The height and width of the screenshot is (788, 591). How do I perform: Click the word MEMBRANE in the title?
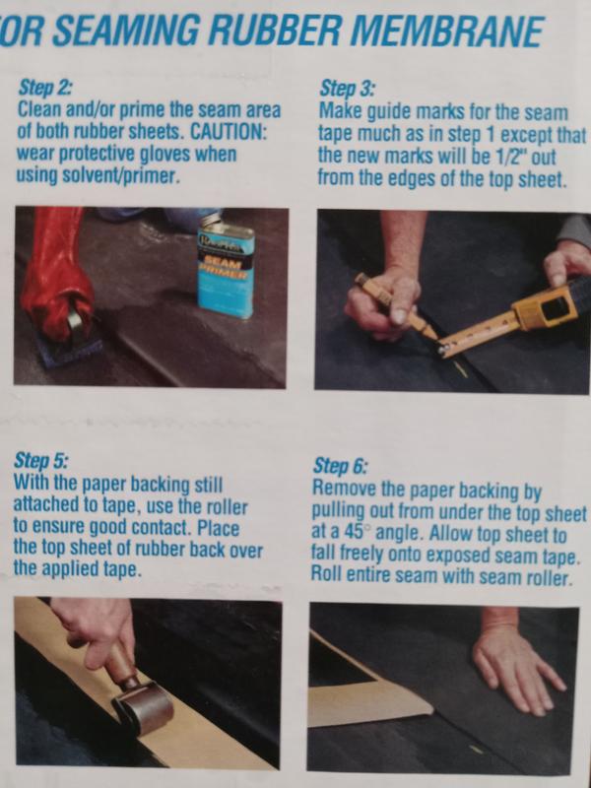pyautogui.click(x=452, y=32)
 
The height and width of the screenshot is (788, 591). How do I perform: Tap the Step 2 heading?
pyautogui.click(x=44, y=88)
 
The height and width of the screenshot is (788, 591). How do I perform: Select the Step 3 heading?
pyautogui.click(x=348, y=90)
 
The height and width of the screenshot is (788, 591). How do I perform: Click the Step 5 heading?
pyautogui.click(x=41, y=460)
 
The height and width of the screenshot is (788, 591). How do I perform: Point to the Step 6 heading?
pyautogui.click(x=340, y=466)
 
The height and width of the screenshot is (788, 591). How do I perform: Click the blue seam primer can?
pyautogui.click(x=226, y=269)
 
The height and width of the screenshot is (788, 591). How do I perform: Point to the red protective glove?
pyautogui.click(x=56, y=274)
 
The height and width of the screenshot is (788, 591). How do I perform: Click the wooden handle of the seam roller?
pyautogui.click(x=119, y=660)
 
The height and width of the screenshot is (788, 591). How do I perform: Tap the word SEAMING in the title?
pyautogui.click(x=126, y=31)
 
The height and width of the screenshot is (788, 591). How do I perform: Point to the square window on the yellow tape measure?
pyautogui.click(x=556, y=307)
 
